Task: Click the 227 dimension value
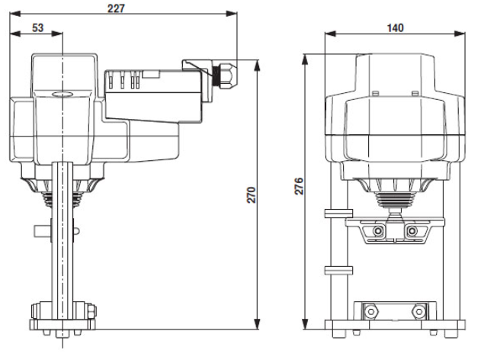click(116, 8)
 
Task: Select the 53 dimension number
click(38, 27)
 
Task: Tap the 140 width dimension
click(395, 28)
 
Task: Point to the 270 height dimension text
click(252, 194)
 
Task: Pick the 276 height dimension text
click(299, 186)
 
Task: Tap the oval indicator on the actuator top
click(63, 94)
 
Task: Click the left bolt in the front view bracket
click(378, 230)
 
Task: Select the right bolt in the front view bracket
click(412, 230)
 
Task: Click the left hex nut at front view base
click(370, 311)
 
